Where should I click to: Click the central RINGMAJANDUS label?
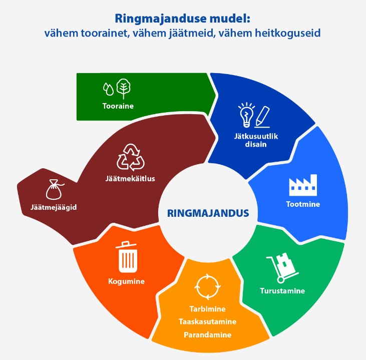pos(208,213)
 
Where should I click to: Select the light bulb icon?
pos(246,115)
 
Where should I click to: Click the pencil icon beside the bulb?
pos(262,117)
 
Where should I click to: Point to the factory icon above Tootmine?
pos(303,185)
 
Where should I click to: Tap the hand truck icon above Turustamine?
pos(282,268)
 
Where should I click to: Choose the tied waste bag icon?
pos(54,190)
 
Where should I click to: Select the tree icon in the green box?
pos(123,89)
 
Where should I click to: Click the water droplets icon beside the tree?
pos(108,89)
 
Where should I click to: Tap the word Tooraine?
pos(118,106)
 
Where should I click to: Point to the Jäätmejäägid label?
pos(54,207)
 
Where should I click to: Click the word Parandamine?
pos(207,335)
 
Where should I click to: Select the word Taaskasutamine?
pos(207,322)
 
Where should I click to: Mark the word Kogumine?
pos(126,281)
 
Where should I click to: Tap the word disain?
pos(256,144)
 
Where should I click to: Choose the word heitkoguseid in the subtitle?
pos(287,33)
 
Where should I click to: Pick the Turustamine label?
pos(282,291)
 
